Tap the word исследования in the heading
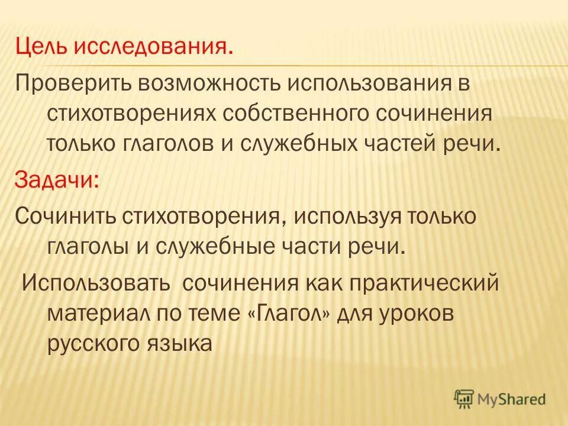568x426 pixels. [152, 47]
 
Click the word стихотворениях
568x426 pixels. [131, 113]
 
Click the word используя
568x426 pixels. [351, 216]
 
